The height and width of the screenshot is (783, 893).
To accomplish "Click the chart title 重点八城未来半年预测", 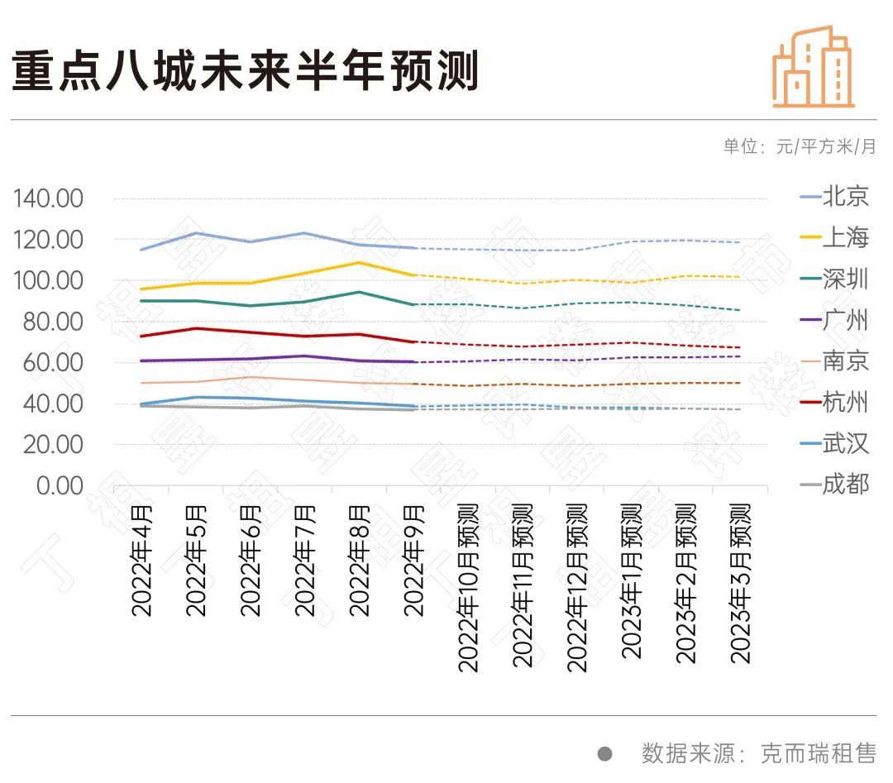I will coord(246,72).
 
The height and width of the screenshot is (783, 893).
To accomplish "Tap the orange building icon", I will coord(813,67).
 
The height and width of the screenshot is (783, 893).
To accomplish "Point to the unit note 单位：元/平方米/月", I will coord(799,147).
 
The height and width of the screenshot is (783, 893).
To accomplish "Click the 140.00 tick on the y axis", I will coord(49,198).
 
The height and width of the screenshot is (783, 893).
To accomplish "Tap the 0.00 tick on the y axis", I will coord(60,485).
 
